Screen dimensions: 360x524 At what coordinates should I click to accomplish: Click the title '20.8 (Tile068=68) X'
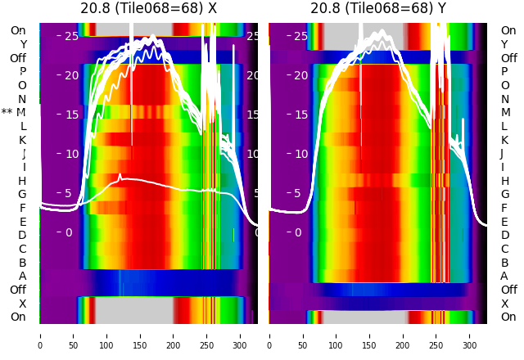click(148, 8)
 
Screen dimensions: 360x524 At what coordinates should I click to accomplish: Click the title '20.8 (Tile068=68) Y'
click(378, 8)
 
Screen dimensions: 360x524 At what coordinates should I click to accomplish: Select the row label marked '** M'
click(14, 112)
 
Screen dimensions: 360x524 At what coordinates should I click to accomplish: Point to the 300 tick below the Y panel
click(470, 335)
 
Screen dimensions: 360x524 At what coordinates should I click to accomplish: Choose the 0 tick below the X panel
click(40, 335)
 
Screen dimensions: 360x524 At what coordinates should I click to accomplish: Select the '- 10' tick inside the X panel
click(67, 154)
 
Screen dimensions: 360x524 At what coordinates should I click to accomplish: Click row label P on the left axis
click(22, 71)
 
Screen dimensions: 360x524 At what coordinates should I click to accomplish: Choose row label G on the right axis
click(504, 194)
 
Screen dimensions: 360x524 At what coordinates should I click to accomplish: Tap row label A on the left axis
click(22, 276)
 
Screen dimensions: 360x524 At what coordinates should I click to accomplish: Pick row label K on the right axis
click(504, 140)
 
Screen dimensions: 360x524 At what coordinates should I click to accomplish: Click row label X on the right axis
click(504, 304)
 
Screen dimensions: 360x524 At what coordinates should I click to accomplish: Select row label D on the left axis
click(22, 235)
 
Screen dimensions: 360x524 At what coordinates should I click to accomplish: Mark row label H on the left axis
click(22, 181)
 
